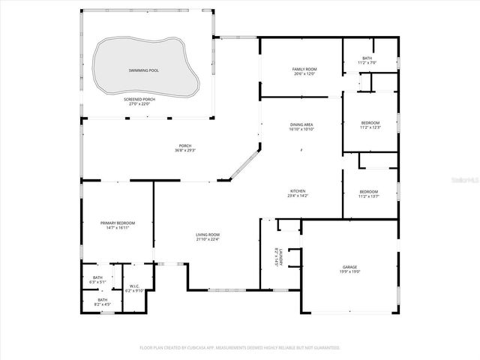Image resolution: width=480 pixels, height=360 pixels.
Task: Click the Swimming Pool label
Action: click(143, 70)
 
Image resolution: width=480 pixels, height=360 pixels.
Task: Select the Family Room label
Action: click(304, 69)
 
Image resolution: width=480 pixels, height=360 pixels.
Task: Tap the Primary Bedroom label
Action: click(118, 223)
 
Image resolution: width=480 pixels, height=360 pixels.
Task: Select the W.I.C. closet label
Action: click(135, 286)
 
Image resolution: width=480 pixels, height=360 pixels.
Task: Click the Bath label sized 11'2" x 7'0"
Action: click(367, 58)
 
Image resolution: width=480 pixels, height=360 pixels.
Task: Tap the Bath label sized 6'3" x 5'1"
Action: click(97, 277)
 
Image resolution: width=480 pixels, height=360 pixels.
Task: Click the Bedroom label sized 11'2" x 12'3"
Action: click(370, 123)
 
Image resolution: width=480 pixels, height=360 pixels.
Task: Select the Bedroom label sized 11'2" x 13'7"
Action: click(369, 191)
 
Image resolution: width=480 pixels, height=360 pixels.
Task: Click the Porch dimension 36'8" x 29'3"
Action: click(185, 151)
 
